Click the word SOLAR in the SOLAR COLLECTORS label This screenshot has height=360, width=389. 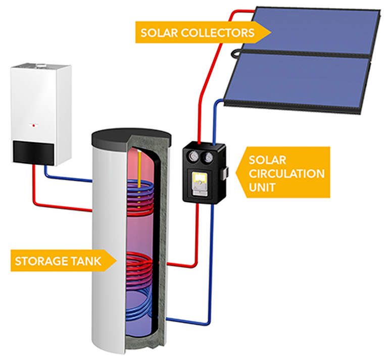[159, 33]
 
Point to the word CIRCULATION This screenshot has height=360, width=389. [286, 174]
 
